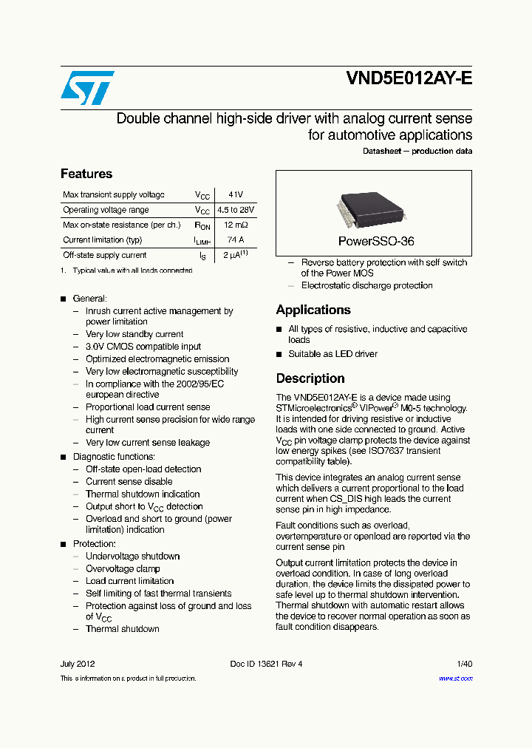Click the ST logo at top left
click(x=87, y=88)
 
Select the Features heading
click(x=86, y=174)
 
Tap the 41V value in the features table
click(x=235, y=195)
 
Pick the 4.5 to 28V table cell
click(x=235, y=210)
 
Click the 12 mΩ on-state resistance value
click(x=235, y=225)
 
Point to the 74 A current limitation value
click(x=235, y=239)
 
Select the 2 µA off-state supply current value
click(x=235, y=255)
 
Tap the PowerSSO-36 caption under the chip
click(x=375, y=242)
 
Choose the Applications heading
click(x=313, y=310)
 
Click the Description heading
click(x=310, y=378)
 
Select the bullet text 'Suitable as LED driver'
click(x=332, y=354)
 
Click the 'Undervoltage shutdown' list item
click(x=132, y=557)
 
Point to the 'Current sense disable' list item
click(x=129, y=482)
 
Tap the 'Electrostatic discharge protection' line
click(x=366, y=285)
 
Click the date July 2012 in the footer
click(x=78, y=664)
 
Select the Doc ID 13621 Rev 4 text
click(x=266, y=664)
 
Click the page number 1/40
click(x=463, y=664)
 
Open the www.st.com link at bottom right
click(x=455, y=679)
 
